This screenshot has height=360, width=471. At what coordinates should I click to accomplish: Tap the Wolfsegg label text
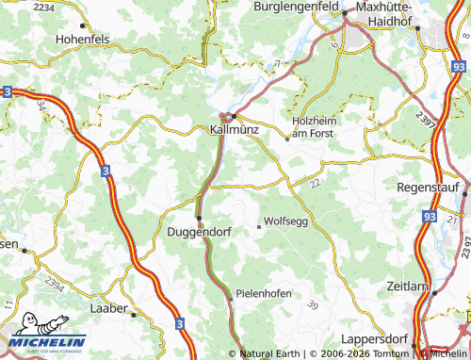287,221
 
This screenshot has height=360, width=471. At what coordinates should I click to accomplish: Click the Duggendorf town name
200,231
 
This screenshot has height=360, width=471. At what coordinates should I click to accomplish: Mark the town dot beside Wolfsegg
259,226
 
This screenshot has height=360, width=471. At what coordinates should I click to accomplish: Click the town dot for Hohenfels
84,25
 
